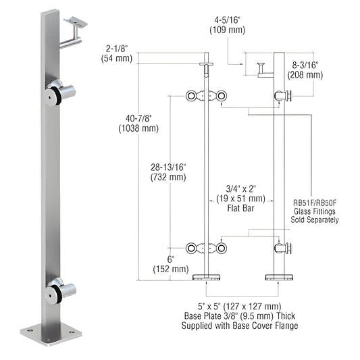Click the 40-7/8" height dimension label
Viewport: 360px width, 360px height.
tap(138, 118)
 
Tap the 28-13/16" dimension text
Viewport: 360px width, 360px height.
tap(168, 168)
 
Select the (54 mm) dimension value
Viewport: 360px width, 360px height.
tap(117, 58)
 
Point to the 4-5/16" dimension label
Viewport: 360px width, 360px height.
tap(227, 20)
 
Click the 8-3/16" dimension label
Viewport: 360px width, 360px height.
tap(305, 66)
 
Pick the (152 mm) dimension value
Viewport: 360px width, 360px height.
tap(171, 269)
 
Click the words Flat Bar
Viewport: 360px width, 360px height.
tap(240, 208)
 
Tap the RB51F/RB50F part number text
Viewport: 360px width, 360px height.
tap(315, 203)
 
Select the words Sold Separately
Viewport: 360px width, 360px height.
tap(315, 220)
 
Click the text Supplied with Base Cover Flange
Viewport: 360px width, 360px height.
tap(240, 326)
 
